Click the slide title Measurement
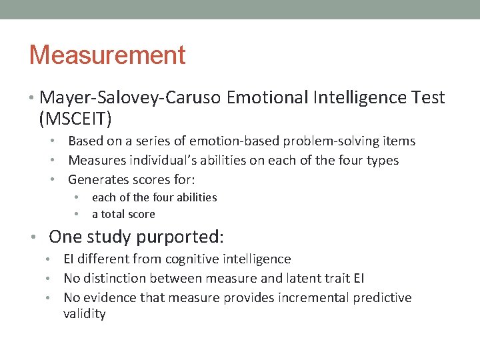(x=107, y=55)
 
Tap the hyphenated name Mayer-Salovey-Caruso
(x=131, y=97)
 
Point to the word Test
(x=429, y=97)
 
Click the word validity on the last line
(x=85, y=314)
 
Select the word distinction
(x=115, y=278)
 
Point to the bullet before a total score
(x=77, y=214)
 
